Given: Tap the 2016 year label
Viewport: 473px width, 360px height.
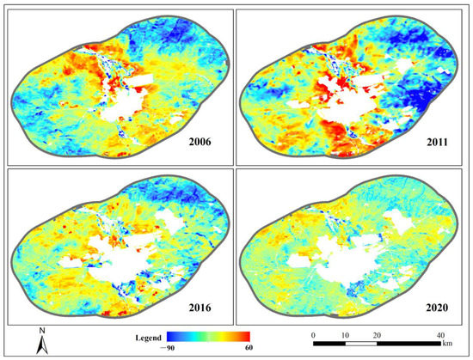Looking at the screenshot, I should (x=208, y=304).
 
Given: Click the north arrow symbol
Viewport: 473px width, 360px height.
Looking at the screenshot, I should (x=40, y=345).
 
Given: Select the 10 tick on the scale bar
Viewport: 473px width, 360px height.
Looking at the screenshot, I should (x=345, y=333).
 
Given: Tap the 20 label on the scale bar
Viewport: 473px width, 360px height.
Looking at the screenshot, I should (x=376, y=333).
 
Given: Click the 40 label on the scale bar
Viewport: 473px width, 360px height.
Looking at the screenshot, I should (x=440, y=333).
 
